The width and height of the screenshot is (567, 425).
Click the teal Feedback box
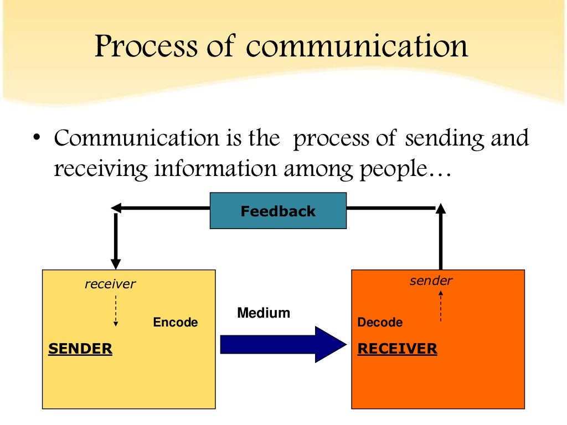pos(278,211)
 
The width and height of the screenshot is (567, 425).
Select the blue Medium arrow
pos(282,344)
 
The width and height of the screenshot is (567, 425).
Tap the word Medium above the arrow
pos(264,313)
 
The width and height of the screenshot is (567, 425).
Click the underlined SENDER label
pos(80,349)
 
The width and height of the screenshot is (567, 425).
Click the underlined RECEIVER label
pos(397,349)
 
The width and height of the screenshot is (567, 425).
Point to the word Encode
pos(176,323)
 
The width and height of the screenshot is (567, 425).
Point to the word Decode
pos(380,323)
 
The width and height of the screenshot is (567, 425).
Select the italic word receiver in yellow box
pos(110,284)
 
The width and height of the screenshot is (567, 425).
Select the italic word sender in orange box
pos(431,281)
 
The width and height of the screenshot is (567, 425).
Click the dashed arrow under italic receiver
pos(115,310)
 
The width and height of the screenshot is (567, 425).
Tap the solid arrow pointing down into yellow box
pos(115,243)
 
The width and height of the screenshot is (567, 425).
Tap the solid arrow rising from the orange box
pos(441,238)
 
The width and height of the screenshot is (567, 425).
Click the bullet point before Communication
pos(36,138)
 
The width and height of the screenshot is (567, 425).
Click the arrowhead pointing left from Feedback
pos(117,208)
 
